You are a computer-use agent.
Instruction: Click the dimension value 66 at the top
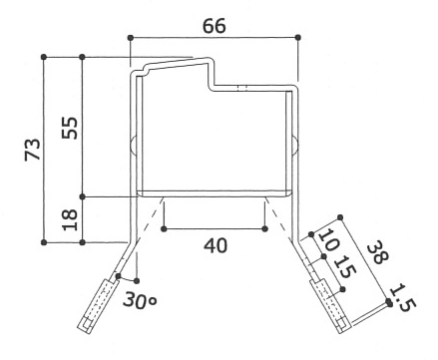click(215, 26)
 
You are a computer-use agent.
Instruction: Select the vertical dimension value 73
click(33, 150)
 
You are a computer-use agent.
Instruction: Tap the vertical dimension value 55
click(70, 128)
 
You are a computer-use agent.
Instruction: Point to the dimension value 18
click(70, 219)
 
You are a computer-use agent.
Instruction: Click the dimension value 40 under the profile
click(216, 246)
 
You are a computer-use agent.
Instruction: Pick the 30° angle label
click(140, 300)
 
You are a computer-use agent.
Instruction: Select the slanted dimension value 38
click(378, 252)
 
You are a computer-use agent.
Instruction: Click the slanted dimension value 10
click(329, 240)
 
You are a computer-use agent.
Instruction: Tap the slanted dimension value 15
click(345, 267)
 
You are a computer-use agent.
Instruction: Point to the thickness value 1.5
click(403, 297)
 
